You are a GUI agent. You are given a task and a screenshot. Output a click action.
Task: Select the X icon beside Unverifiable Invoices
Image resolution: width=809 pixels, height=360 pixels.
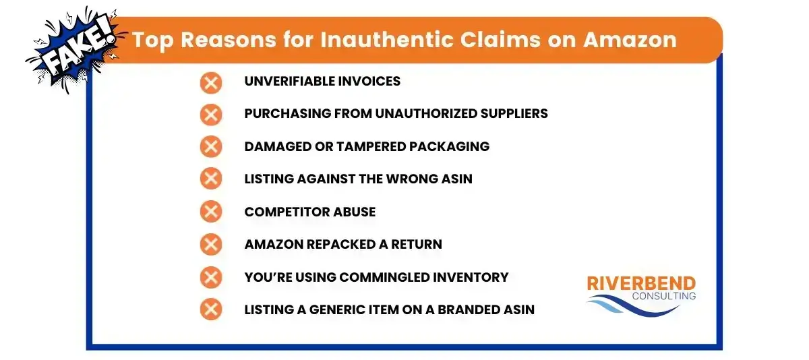pos(211,82)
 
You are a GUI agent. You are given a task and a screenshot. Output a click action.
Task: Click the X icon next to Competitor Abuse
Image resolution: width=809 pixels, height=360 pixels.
pos(211,212)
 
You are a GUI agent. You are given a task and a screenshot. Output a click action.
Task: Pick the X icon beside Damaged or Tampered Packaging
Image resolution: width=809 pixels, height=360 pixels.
pos(211,147)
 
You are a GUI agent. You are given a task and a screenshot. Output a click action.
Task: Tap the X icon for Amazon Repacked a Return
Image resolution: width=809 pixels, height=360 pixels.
pos(211,244)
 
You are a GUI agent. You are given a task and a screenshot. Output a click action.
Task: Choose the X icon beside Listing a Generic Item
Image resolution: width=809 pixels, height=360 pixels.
pos(211,309)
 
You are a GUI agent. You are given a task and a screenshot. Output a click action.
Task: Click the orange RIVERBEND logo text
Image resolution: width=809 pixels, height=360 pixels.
pos(641,284)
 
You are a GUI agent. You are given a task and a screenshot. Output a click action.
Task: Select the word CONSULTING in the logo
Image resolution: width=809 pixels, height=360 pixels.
pos(665,296)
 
